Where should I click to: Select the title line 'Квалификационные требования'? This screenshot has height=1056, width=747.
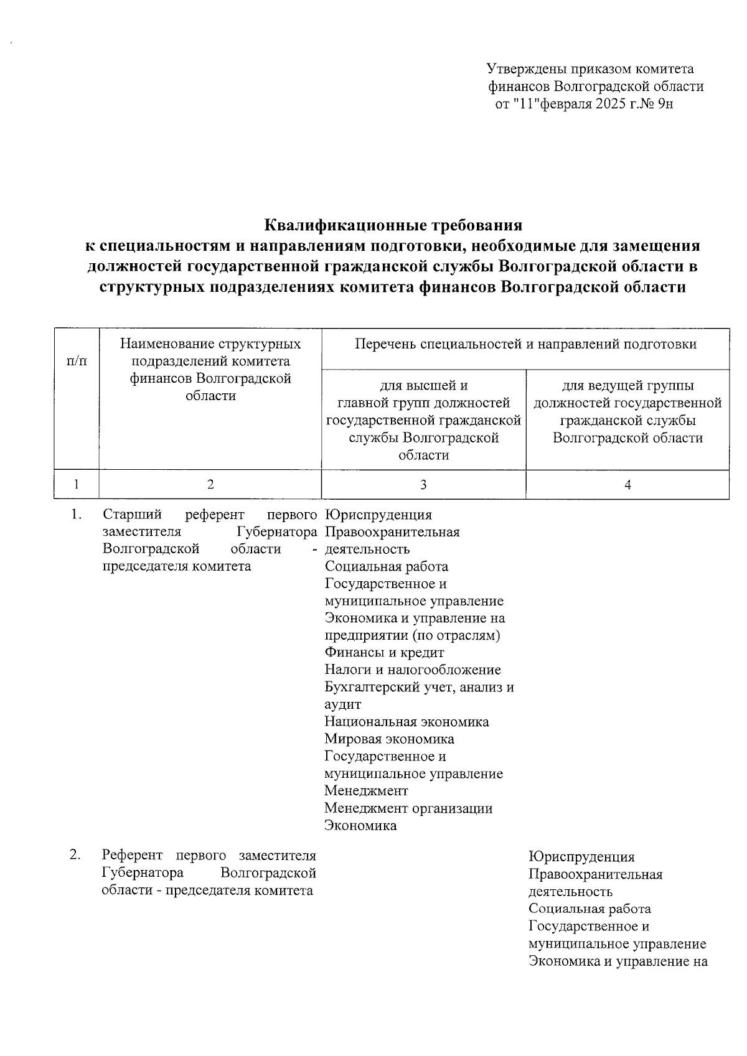[x=393, y=224]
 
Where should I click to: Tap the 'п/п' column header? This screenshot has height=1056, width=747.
[x=76, y=361]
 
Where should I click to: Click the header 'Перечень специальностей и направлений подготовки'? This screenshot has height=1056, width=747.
[x=525, y=344]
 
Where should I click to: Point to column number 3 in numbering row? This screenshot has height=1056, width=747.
[x=423, y=485]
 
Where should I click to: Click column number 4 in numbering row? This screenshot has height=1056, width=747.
[x=627, y=485]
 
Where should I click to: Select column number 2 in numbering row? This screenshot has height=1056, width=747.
[x=210, y=485]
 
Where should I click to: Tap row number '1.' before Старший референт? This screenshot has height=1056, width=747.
[x=77, y=515]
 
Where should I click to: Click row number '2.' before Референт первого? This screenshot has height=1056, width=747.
[x=76, y=856]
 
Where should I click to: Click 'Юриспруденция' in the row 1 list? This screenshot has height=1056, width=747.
[x=378, y=515]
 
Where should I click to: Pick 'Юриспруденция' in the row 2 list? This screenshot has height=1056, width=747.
[x=581, y=857]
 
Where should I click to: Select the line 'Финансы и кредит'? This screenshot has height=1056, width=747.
[x=384, y=653]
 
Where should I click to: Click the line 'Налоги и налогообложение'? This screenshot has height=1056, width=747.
[x=412, y=670]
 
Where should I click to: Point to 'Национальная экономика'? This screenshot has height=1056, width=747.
[x=406, y=722]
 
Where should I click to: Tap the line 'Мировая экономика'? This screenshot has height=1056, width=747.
[x=389, y=739]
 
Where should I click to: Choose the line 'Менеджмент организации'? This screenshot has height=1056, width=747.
[x=408, y=808]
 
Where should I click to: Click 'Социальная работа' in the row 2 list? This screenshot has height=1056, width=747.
[x=590, y=909]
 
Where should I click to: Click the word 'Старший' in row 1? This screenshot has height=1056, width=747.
[x=132, y=515]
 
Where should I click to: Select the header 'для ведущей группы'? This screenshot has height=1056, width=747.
[x=627, y=386]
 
